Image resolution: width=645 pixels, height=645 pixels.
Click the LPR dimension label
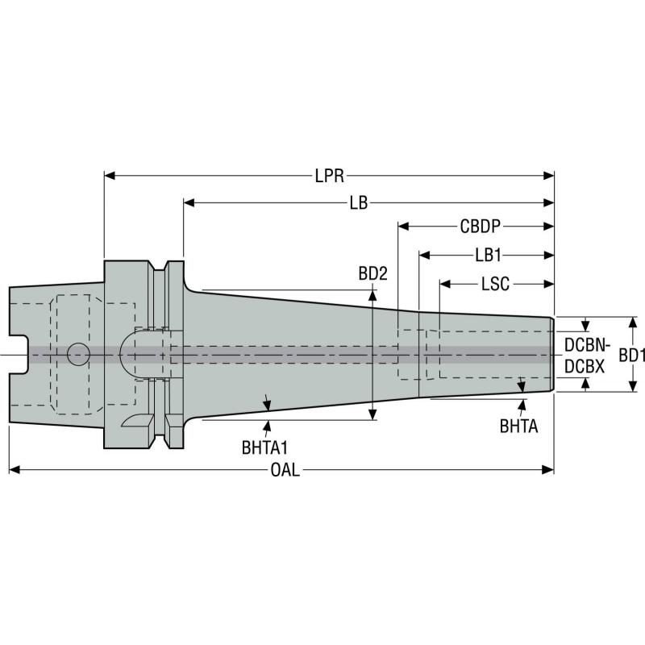pyautogui.click(x=329, y=174)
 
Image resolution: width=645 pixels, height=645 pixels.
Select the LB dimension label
pyautogui.click(x=359, y=202)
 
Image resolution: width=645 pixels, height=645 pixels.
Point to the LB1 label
pyautogui.click(x=488, y=255)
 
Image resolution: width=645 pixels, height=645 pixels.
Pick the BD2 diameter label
pyautogui.click(x=373, y=273)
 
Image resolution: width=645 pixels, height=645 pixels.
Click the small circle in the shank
pyautogui.click(x=78, y=353)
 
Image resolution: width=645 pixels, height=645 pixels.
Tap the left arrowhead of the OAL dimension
pyautogui.click(x=14, y=468)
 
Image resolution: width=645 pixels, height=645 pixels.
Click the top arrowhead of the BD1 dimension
pyautogui.click(x=633, y=322)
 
